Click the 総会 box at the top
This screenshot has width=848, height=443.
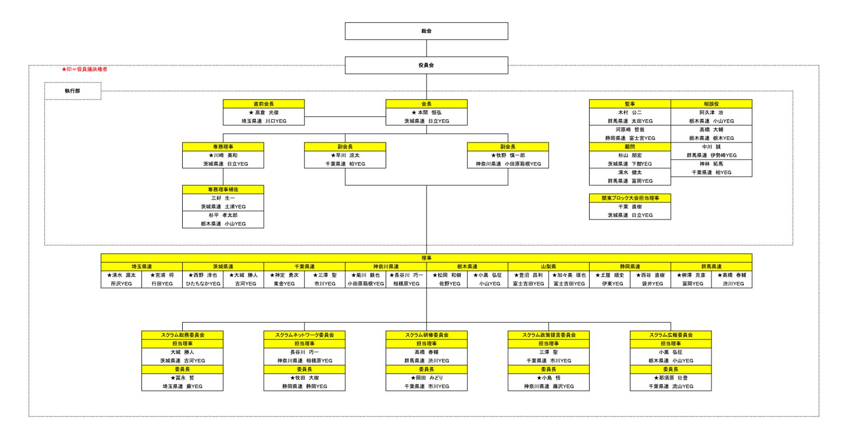(x=426, y=31)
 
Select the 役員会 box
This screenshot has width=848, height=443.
(x=426, y=65)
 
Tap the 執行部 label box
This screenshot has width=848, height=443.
(x=73, y=91)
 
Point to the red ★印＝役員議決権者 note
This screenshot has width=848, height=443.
(x=85, y=69)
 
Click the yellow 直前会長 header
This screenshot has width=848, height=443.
(x=263, y=104)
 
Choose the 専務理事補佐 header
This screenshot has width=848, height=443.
(x=223, y=190)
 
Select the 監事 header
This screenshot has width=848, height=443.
(x=629, y=104)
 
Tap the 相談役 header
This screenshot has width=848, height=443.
(x=711, y=104)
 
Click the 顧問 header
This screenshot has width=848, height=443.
(x=629, y=147)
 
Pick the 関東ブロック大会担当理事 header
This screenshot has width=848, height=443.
(x=629, y=198)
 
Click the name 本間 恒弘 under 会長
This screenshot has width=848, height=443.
(x=427, y=113)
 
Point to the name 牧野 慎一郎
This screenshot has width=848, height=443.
(x=508, y=156)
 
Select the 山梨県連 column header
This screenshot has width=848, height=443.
(x=548, y=267)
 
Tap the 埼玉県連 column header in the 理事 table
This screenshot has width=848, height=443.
(x=142, y=267)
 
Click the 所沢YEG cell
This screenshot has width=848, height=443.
(x=121, y=284)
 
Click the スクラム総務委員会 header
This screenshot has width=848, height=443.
(x=182, y=335)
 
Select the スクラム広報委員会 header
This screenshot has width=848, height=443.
(x=671, y=335)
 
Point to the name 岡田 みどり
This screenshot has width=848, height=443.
(x=427, y=378)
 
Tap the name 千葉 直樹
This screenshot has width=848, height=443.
(x=629, y=207)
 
